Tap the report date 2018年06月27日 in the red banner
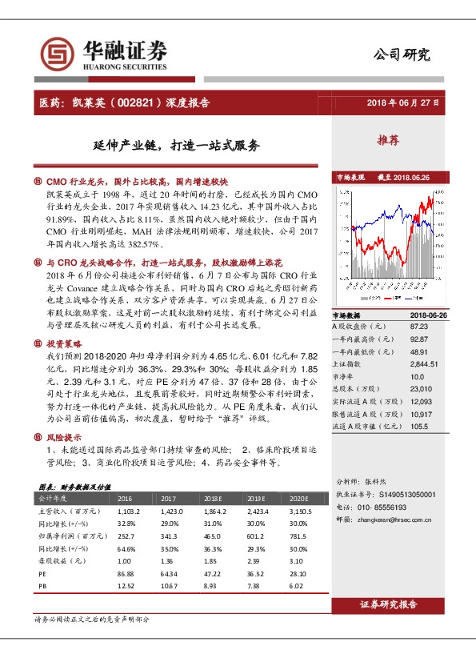pyautogui.click(x=402, y=103)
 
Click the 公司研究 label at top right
pyautogui.click(x=402, y=54)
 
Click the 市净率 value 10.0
pyautogui.click(x=416, y=375)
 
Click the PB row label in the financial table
pyautogui.click(x=43, y=587)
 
